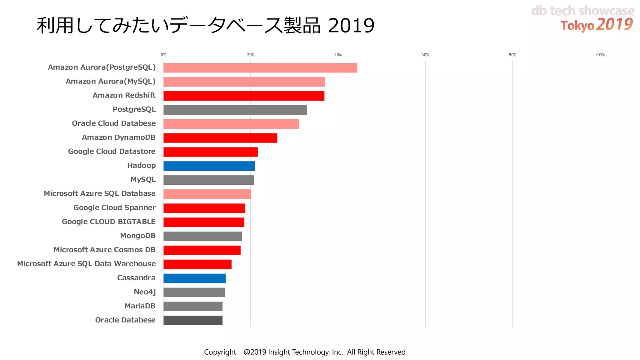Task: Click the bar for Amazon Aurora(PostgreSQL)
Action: [x=260, y=68]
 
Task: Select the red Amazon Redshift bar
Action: [x=244, y=96]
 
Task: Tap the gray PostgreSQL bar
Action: [x=235, y=110]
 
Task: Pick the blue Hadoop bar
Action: [x=209, y=166]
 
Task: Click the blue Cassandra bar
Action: [x=194, y=278]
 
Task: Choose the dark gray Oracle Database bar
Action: [x=193, y=321]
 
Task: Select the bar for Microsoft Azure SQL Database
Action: [x=207, y=194]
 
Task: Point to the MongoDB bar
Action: [x=202, y=236]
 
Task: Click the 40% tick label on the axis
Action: [x=338, y=55]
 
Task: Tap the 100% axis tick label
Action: [x=600, y=55]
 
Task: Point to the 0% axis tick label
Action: [x=163, y=55]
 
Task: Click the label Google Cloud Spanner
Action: [x=114, y=207]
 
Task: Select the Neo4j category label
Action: [x=144, y=292]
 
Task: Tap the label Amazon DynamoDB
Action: [x=118, y=137]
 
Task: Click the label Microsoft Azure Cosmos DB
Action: [x=104, y=250]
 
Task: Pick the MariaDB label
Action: [x=140, y=306]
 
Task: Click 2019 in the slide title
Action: [x=351, y=26]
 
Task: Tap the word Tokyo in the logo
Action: [x=577, y=26]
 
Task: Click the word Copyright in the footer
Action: [x=220, y=352]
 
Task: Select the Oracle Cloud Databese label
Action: [x=114, y=123]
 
